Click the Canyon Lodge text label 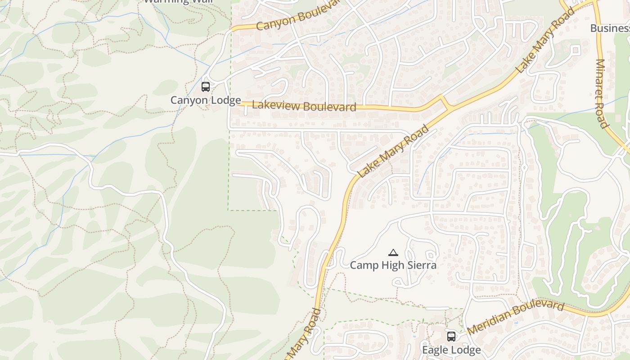click(x=206, y=100)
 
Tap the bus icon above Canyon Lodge click(x=206, y=87)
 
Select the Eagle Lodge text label click(x=451, y=350)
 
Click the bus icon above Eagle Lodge click(x=451, y=336)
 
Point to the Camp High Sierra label click(x=393, y=265)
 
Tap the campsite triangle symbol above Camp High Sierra click(x=393, y=252)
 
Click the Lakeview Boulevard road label click(x=304, y=106)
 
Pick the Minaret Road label click(x=602, y=94)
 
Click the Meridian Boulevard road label click(x=515, y=318)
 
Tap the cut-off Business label click(x=610, y=28)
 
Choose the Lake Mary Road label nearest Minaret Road click(x=545, y=40)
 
